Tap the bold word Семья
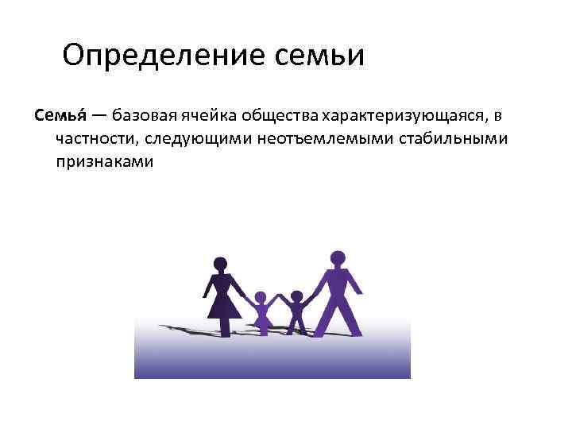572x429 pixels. click(58, 117)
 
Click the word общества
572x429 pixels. click(277, 117)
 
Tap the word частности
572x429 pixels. click(96, 139)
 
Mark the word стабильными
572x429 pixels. click(431, 139)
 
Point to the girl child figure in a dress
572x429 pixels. click(261, 312)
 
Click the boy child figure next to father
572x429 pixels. click(296, 312)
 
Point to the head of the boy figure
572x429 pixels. click(296, 296)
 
